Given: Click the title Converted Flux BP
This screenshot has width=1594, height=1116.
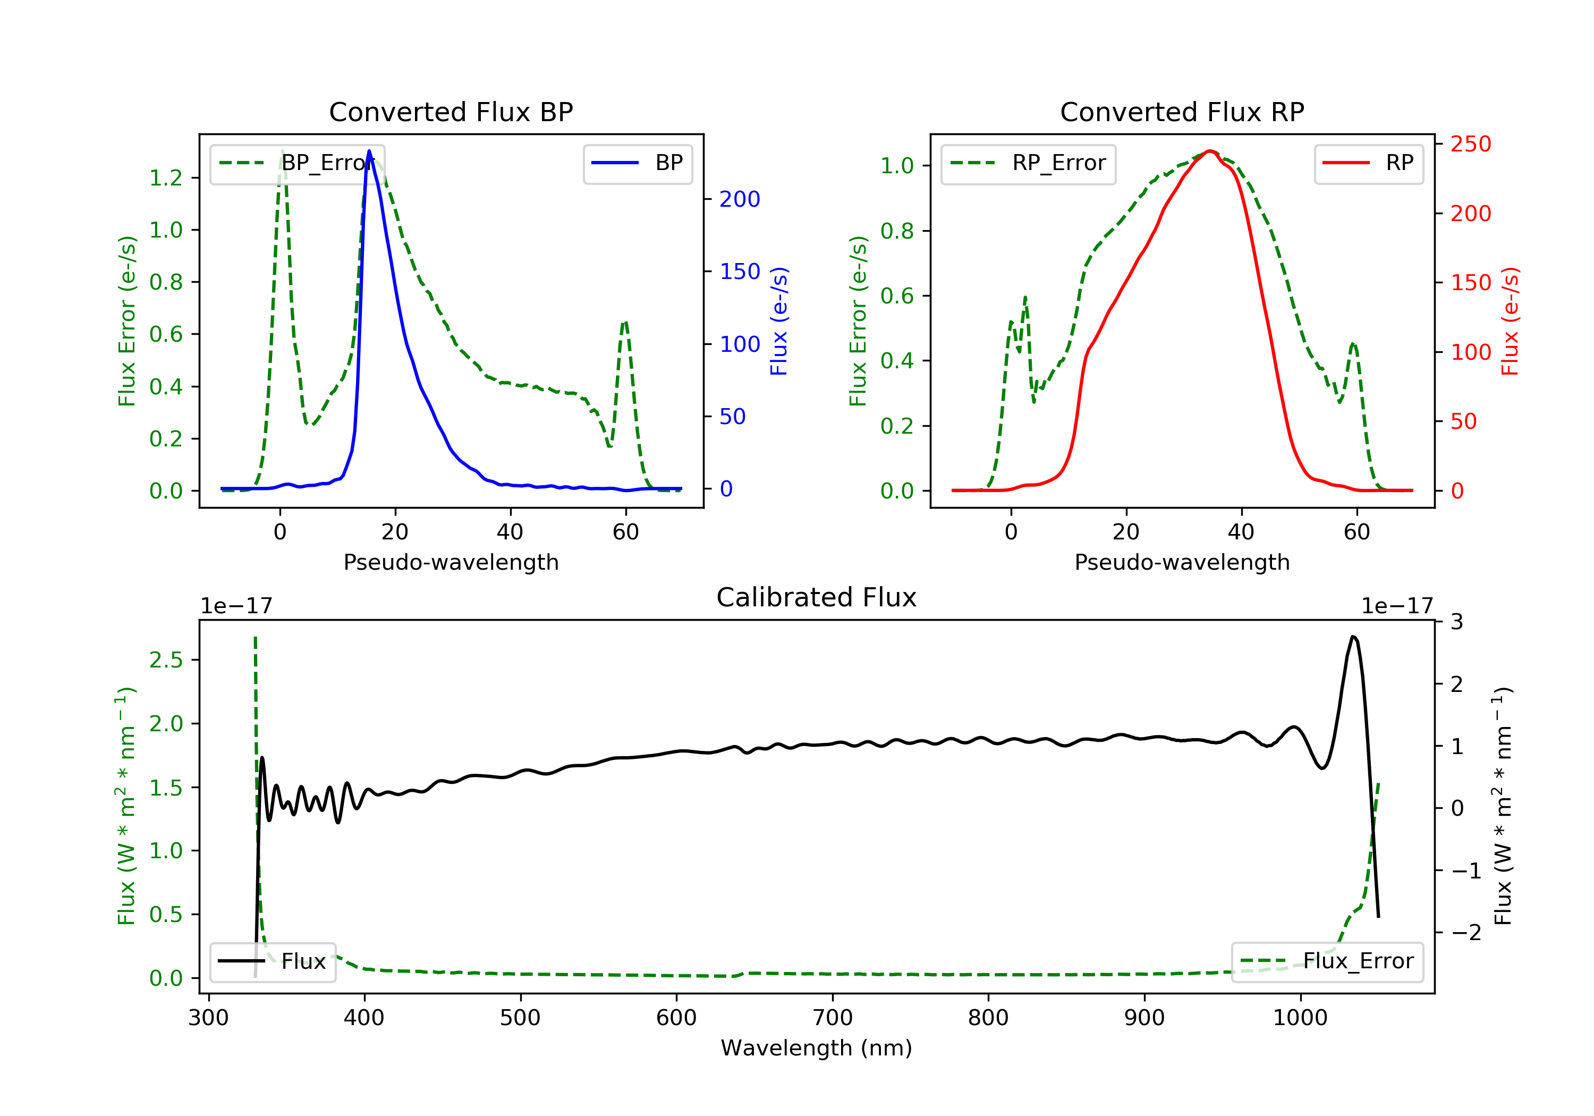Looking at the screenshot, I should point(451,112).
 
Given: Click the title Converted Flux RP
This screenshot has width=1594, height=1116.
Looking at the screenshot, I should point(1182,112).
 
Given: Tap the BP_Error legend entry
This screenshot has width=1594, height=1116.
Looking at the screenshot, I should point(297,163).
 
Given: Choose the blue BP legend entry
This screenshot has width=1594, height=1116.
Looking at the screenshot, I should point(637,163).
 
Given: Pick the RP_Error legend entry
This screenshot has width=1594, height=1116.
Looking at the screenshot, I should point(1028,163).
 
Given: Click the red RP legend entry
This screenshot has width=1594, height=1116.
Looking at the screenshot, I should point(1368,163).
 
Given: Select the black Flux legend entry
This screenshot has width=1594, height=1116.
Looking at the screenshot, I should point(273,961).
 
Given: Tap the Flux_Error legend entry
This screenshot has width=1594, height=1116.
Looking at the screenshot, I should point(1327,961).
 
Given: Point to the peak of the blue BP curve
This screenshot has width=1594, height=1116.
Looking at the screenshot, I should point(369,151).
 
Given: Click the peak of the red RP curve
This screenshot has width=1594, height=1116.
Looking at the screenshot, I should point(1209,151).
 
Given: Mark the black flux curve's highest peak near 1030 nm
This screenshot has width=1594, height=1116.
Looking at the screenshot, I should point(1353,636).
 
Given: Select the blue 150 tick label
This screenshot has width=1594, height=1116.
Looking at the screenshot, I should point(740,272).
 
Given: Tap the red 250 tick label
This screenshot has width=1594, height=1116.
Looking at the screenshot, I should point(1470,145).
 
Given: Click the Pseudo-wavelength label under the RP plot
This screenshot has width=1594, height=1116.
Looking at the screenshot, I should point(1182,562).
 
